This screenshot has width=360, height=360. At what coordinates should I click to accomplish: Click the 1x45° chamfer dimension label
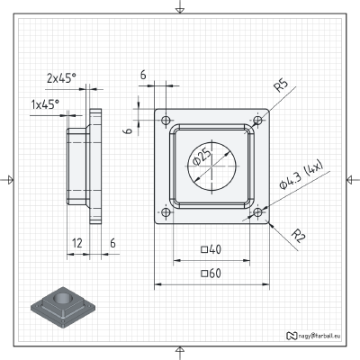click(45, 104)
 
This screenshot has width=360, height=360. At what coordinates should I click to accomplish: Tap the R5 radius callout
click(281, 86)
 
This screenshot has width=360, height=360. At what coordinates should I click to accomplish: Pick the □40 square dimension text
click(211, 249)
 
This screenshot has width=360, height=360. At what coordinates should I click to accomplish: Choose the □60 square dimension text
click(211, 272)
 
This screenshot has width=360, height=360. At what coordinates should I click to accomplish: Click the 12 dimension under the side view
click(78, 243)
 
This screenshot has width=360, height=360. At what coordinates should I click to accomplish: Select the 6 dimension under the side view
click(112, 243)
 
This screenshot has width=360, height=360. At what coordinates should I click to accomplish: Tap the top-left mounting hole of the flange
click(166, 119)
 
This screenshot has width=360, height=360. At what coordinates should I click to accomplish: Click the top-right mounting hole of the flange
click(258, 119)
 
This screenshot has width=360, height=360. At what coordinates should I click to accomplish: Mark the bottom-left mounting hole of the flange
click(166, 212)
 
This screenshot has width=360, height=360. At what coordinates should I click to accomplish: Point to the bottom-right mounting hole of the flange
click(258, 212)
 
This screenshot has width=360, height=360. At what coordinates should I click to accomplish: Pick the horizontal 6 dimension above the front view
click(143, 76)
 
